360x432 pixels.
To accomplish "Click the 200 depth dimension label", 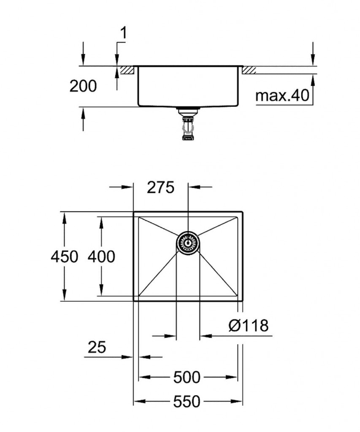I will [x=83, y=86].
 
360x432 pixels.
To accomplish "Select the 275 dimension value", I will [x=160, y=187].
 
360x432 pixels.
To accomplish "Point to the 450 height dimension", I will [x=64, y=256].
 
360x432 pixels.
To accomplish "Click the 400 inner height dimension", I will [x=101, y=256].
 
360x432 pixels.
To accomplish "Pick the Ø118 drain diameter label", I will [x=249, y=325].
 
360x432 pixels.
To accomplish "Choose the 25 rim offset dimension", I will [x=97, y=348].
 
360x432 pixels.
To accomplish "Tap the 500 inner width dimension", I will [x=187, y=377].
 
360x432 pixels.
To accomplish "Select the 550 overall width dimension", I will [x=187, y=402].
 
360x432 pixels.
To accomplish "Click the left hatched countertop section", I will [x=127, y=70].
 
